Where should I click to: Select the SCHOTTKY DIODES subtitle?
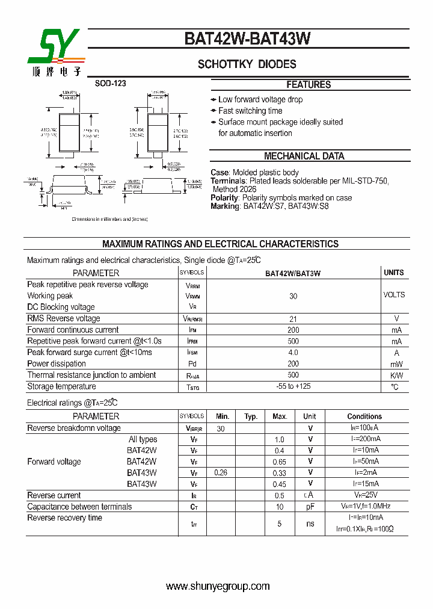(x=247, y=64)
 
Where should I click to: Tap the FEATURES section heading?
(x=309, y=85)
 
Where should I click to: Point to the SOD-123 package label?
(x=110, y=84)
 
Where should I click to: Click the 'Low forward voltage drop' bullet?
(x=260, y=99)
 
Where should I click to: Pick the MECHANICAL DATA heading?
(x=304, y=156)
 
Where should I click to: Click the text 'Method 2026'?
(x=235, y=189)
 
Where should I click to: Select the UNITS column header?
(x=394, y=273)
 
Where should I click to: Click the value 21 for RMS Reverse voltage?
(x=293, y=318)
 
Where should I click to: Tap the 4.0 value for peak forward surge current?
(x=293, y=352)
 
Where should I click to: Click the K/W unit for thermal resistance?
(x=396, y=375)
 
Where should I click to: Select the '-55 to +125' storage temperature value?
(x=293, y=386)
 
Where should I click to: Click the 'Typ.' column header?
(x=251, y=416)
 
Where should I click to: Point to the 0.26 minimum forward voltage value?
(x=221, y=472)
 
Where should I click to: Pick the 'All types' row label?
(x=143, y=439)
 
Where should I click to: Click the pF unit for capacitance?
(x=310, y=507)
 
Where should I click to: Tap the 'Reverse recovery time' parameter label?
(x=65, y=518)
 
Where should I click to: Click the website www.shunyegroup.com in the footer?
(x=218, y=586)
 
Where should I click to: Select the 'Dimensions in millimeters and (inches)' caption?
(x=109, y=220)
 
